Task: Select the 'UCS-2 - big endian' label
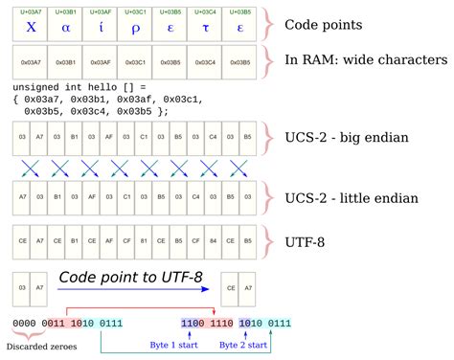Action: click(347, 138)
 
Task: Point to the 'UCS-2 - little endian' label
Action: click(352, 198)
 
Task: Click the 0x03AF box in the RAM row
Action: click(101, 63)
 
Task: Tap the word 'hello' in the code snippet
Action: click(120, 87)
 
